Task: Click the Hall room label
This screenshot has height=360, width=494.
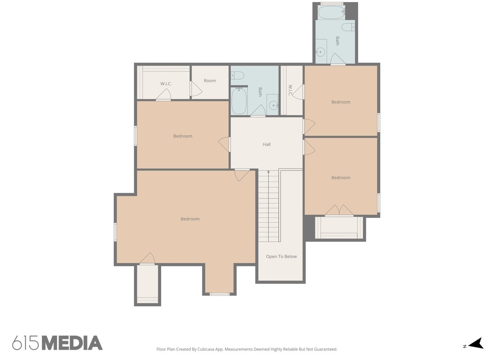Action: pyautogui.click(x=266, y=145)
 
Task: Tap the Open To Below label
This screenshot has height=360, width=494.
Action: pyautogui.click(x=281, y=257)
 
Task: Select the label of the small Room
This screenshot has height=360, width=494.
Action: pyautogui.click(x=210, y=81)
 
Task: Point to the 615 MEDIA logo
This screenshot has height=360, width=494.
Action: pyautogui.click(x=57, y=343)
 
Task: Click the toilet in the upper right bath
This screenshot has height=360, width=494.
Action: pyautogui.click(x=348, y=27)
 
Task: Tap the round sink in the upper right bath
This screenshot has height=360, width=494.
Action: pyautogui.click(x=320, y=52)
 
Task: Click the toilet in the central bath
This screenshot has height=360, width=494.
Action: pyautogui.click(x=237, y=76)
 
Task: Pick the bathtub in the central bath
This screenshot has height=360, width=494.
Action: pyautogui.click(x=239, y=101)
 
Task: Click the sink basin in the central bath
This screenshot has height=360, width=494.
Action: pyautogui.click(x=274, y=106)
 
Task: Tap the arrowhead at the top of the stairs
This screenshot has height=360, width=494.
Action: pyautogui.click(x=268, y=172)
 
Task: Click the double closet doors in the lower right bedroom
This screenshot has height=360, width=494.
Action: pyautogui.click(x=339, y=210)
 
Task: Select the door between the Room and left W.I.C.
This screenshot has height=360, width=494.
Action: pyautogui.click(x=196, y=89)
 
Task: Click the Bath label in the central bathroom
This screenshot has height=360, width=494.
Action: pyautogui.click(x=260, y=92)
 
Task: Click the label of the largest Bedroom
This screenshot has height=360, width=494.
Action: pyautogui.click(x=190, y=219)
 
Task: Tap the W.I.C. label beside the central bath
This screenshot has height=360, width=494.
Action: pyautogui.click(x=290, y=90)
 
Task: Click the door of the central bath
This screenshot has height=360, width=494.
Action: pyautogui.click(x=258, y=110)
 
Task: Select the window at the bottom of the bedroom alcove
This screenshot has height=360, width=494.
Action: pyautogui.click(x=219, y=294)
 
